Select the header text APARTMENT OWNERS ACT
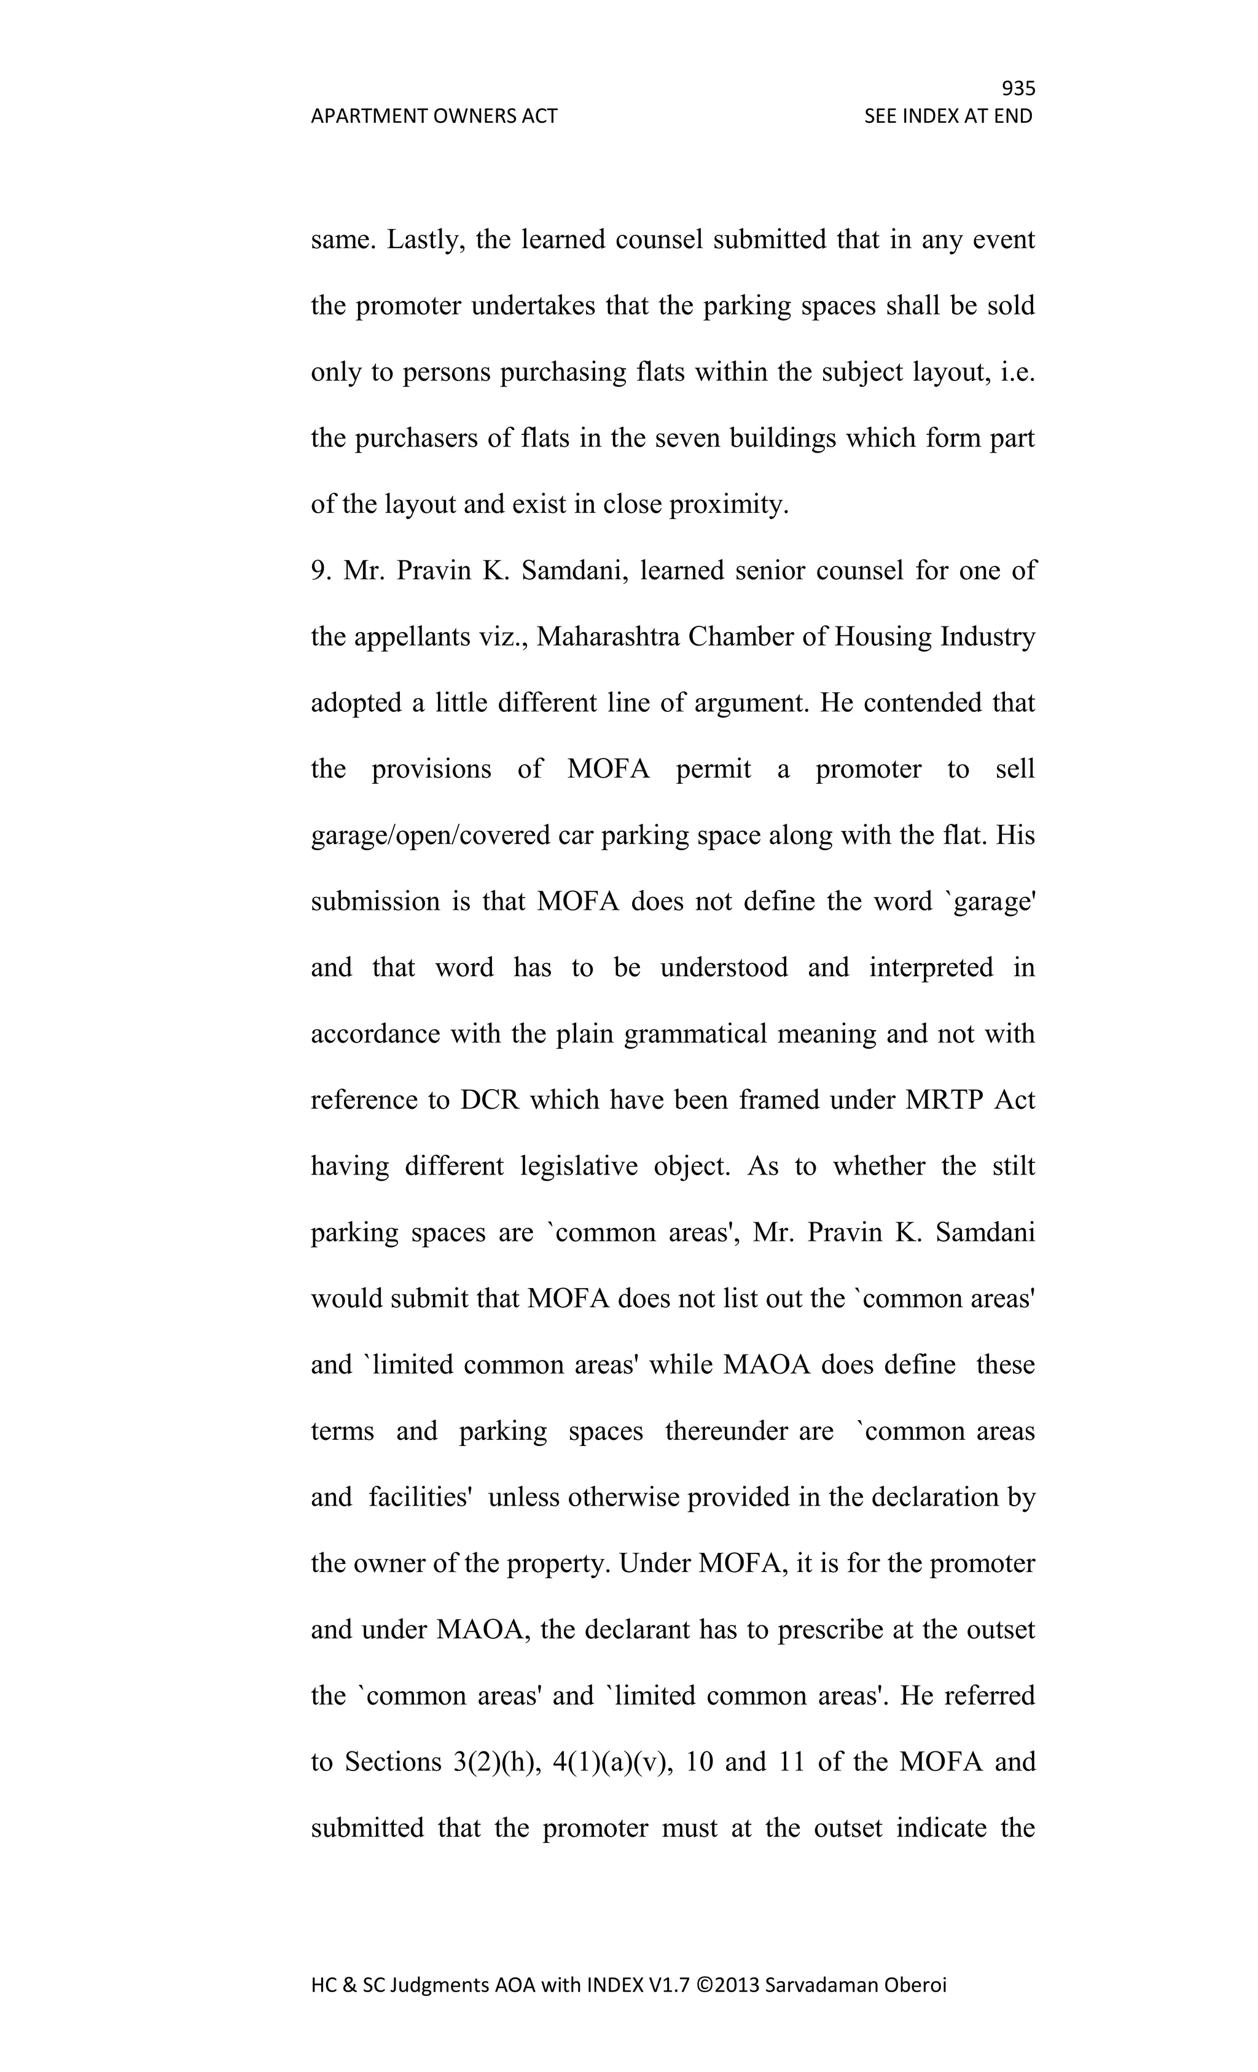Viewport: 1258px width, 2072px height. point(434,116)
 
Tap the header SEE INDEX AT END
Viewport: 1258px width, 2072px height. point(948,116)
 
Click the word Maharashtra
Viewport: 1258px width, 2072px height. point(608,638)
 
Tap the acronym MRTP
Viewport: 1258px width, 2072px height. point(943,1101)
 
